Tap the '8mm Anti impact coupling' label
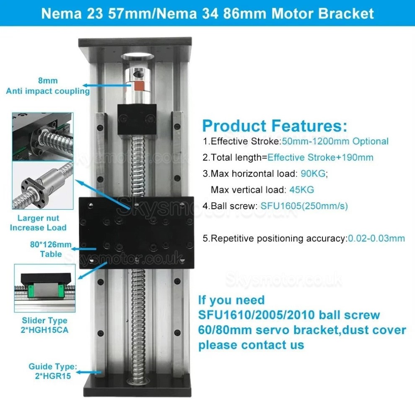click(47, 86)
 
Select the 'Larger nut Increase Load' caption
click(38, 223)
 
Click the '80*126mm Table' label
click(51, 249)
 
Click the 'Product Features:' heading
click(275, 125)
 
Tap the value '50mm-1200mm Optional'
click(335, 141)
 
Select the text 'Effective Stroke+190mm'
click(320, 158)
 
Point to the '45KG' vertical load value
click(301, 189)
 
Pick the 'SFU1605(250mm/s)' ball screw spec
click(304, 206)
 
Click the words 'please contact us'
click(251, 345)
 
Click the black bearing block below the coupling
click(137, 119)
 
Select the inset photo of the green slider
click(44, 288)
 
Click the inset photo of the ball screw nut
click(42, 186)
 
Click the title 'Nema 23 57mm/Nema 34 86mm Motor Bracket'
click(207, 13)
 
